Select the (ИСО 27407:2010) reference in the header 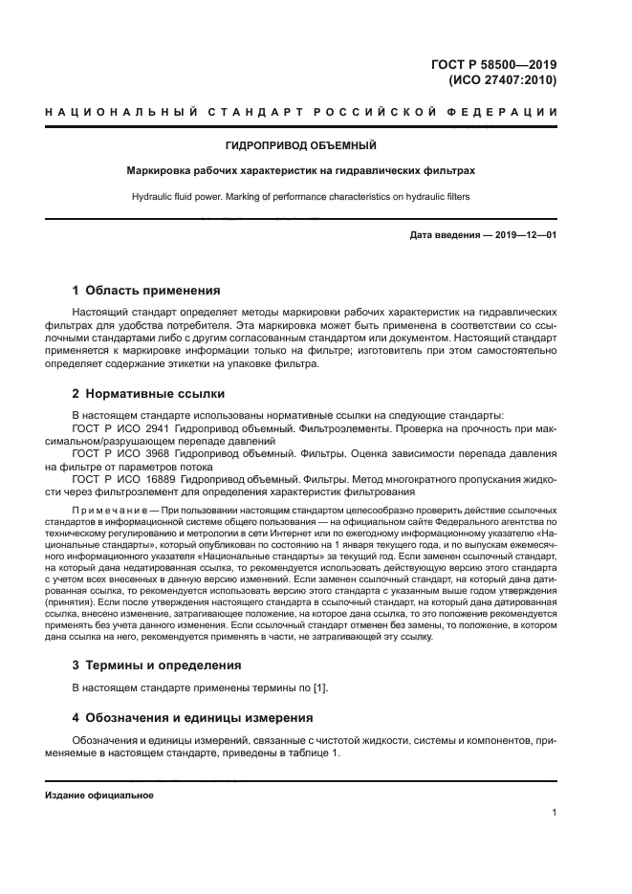tap(503, 81)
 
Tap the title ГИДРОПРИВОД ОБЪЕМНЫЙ tap(300, 145)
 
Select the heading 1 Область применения tap(146, 290)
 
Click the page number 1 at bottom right tap(554, 814)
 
